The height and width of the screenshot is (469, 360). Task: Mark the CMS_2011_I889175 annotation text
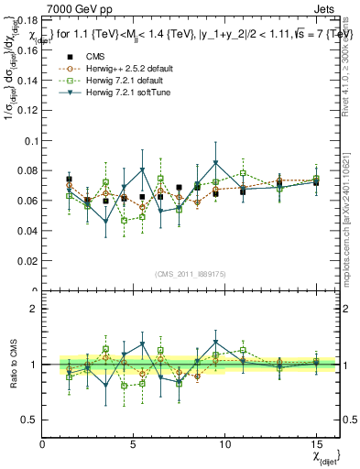[x=179, y=272]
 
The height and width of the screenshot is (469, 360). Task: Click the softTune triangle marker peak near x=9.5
[x=215, y=162]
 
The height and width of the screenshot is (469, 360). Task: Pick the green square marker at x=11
[x=243, y=173]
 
